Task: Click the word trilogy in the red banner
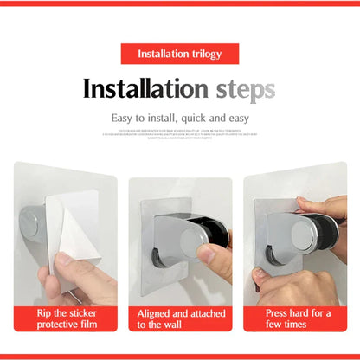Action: (x=202, y=55)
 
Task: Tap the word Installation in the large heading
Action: (x=144, y=89)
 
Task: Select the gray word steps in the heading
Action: (x=241, y=89)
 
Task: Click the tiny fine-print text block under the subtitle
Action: (x=180, y=134)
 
